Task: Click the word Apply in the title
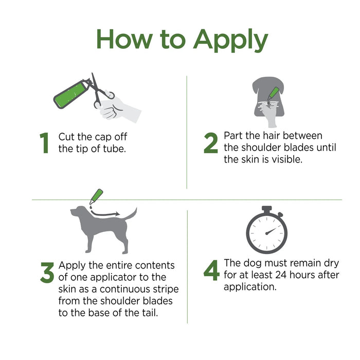[230, 40]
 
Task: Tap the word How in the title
[124, 39]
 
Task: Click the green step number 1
[44, 143]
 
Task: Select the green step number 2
[210, 143]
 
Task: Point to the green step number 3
[47, 273]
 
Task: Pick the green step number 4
[211, 270]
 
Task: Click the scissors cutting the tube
[98, 92]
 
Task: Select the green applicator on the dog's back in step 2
[274, 94]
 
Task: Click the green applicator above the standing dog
[96, 196]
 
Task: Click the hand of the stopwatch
[271, 231]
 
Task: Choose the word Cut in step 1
[66, 137]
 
